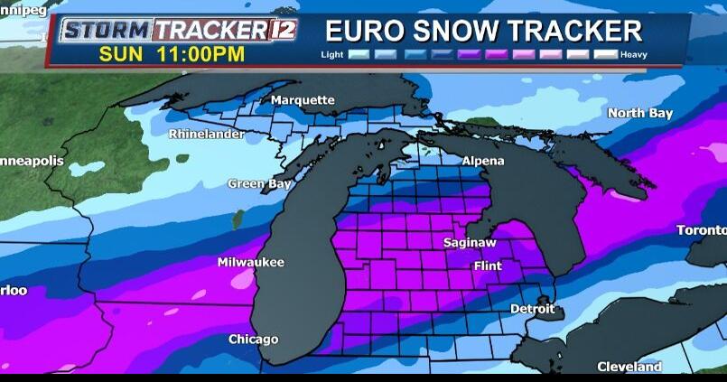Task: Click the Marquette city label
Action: click(303, 100)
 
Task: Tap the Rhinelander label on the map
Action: click(207, 135)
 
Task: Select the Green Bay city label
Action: click(258, 184)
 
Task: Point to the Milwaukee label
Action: click(250, 263)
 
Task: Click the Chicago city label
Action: click(253, 340)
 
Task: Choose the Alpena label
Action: click(483, 161)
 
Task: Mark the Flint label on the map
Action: click(488, 266)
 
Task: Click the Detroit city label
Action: click(533, 309)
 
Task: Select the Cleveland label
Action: click(629, 367)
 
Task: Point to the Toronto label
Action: click(702, 230)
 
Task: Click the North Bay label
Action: click(639, 113)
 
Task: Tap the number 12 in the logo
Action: click(284, 29)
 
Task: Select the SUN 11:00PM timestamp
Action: click(172, 54)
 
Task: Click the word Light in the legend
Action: click(332, 55)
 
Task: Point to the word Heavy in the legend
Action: click(633, 55)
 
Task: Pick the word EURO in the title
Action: click(360, 31)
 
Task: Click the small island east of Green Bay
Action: click(238, 219)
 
